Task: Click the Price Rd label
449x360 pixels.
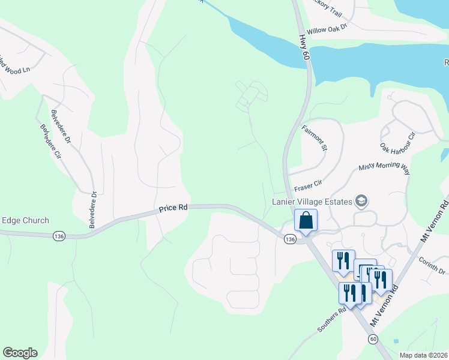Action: pyautogui.click(x=173, y=208)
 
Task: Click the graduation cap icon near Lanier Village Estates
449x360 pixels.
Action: pyautogui.click(x=361, y=200)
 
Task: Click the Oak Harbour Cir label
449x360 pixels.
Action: pyautogui.click(x=397, y=139)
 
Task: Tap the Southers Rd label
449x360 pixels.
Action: pyautogui.click(x=332, y=320)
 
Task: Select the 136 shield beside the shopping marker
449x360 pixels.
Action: pyautogui.click(x=290, y=239)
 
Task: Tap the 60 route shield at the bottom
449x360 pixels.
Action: pyautogui.click(x=373, y=340)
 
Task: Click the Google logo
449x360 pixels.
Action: pyautogui.click(x=20, y=353)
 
